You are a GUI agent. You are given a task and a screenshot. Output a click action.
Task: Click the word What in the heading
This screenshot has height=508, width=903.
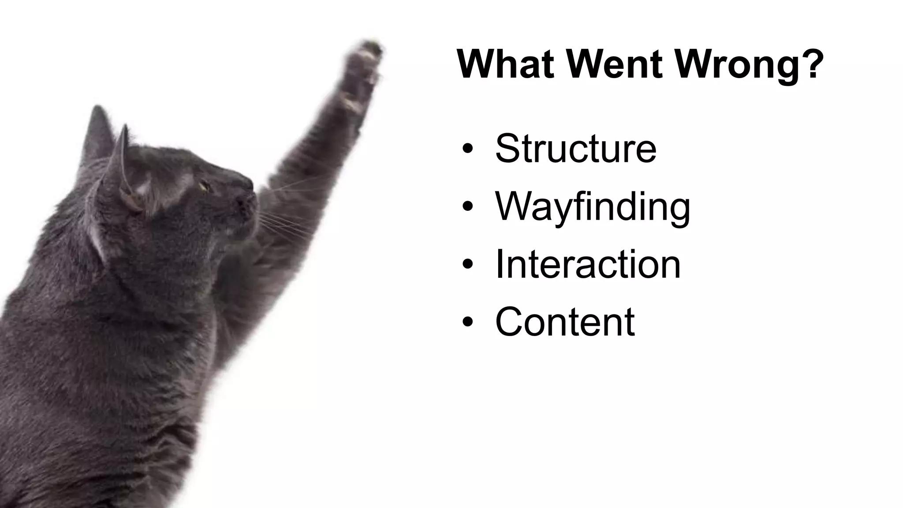pos(505,64)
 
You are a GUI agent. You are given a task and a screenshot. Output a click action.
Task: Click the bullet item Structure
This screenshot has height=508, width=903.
pos(576,148)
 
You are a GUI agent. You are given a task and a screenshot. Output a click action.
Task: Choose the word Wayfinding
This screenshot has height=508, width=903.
pos(593,207)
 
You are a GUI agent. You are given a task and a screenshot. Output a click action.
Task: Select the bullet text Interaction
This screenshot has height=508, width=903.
pos(588,265)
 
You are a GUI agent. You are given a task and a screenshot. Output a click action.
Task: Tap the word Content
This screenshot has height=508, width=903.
pos(565,322)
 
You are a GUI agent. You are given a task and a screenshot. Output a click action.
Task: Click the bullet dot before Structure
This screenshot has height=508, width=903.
pos(468,149)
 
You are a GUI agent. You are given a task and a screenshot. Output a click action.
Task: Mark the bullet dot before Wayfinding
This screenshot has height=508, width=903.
pos(468,206)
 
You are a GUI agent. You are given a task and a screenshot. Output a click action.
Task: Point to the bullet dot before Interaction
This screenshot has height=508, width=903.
pos(468,264)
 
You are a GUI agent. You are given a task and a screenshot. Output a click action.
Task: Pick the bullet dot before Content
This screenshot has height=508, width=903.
pos(468,322)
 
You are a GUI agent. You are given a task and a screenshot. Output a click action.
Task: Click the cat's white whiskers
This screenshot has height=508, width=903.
pos(282,220)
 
